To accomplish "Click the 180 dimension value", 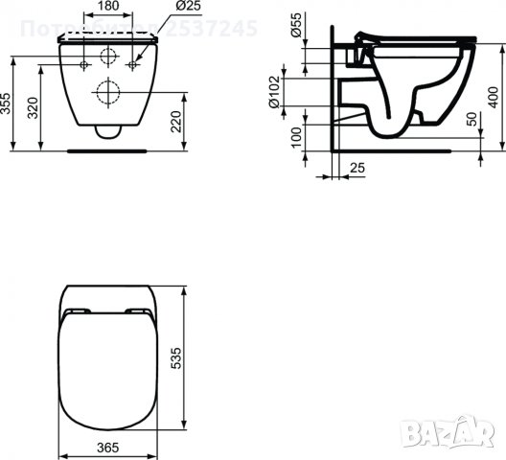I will [108, 7].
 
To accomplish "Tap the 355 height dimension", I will [8, 103].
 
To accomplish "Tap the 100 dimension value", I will [296, 137].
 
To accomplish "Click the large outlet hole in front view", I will [108, 93].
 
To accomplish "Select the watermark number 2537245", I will [211, 29].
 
